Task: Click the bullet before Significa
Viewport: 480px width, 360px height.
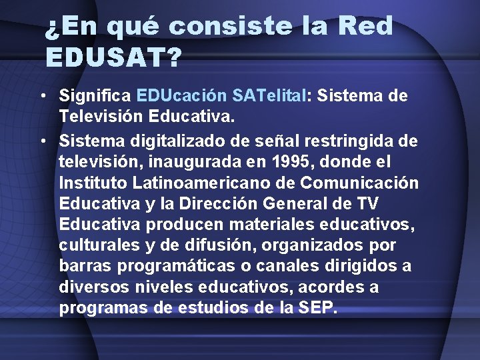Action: point(43,96)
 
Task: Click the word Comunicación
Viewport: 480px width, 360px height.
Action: point(360,183)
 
